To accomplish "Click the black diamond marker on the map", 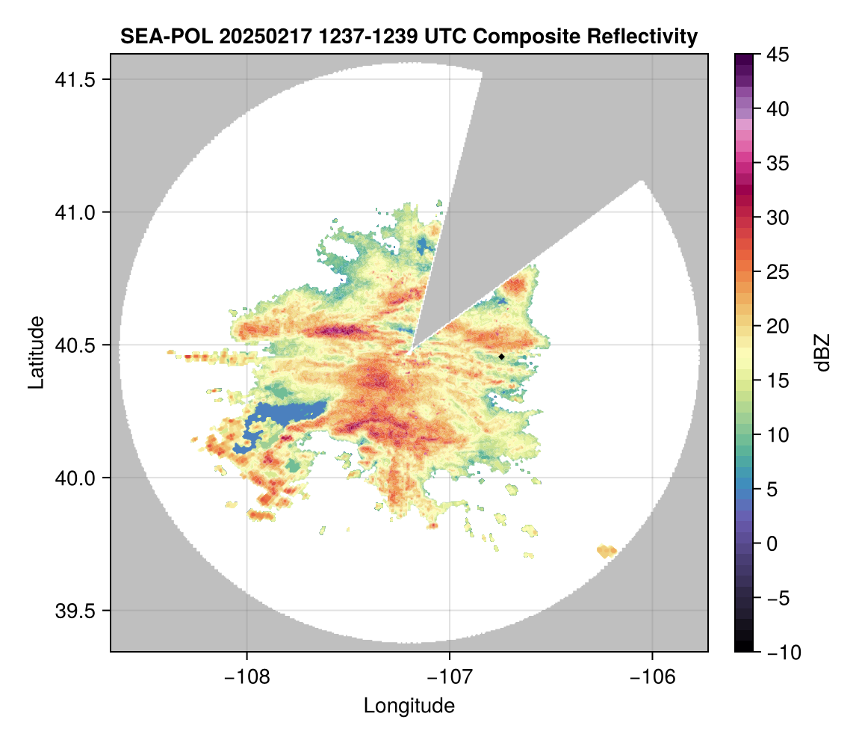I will [502, 357].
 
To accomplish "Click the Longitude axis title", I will [409, 706].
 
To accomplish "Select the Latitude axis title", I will [36, 351].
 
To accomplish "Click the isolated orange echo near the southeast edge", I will [607, 552].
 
